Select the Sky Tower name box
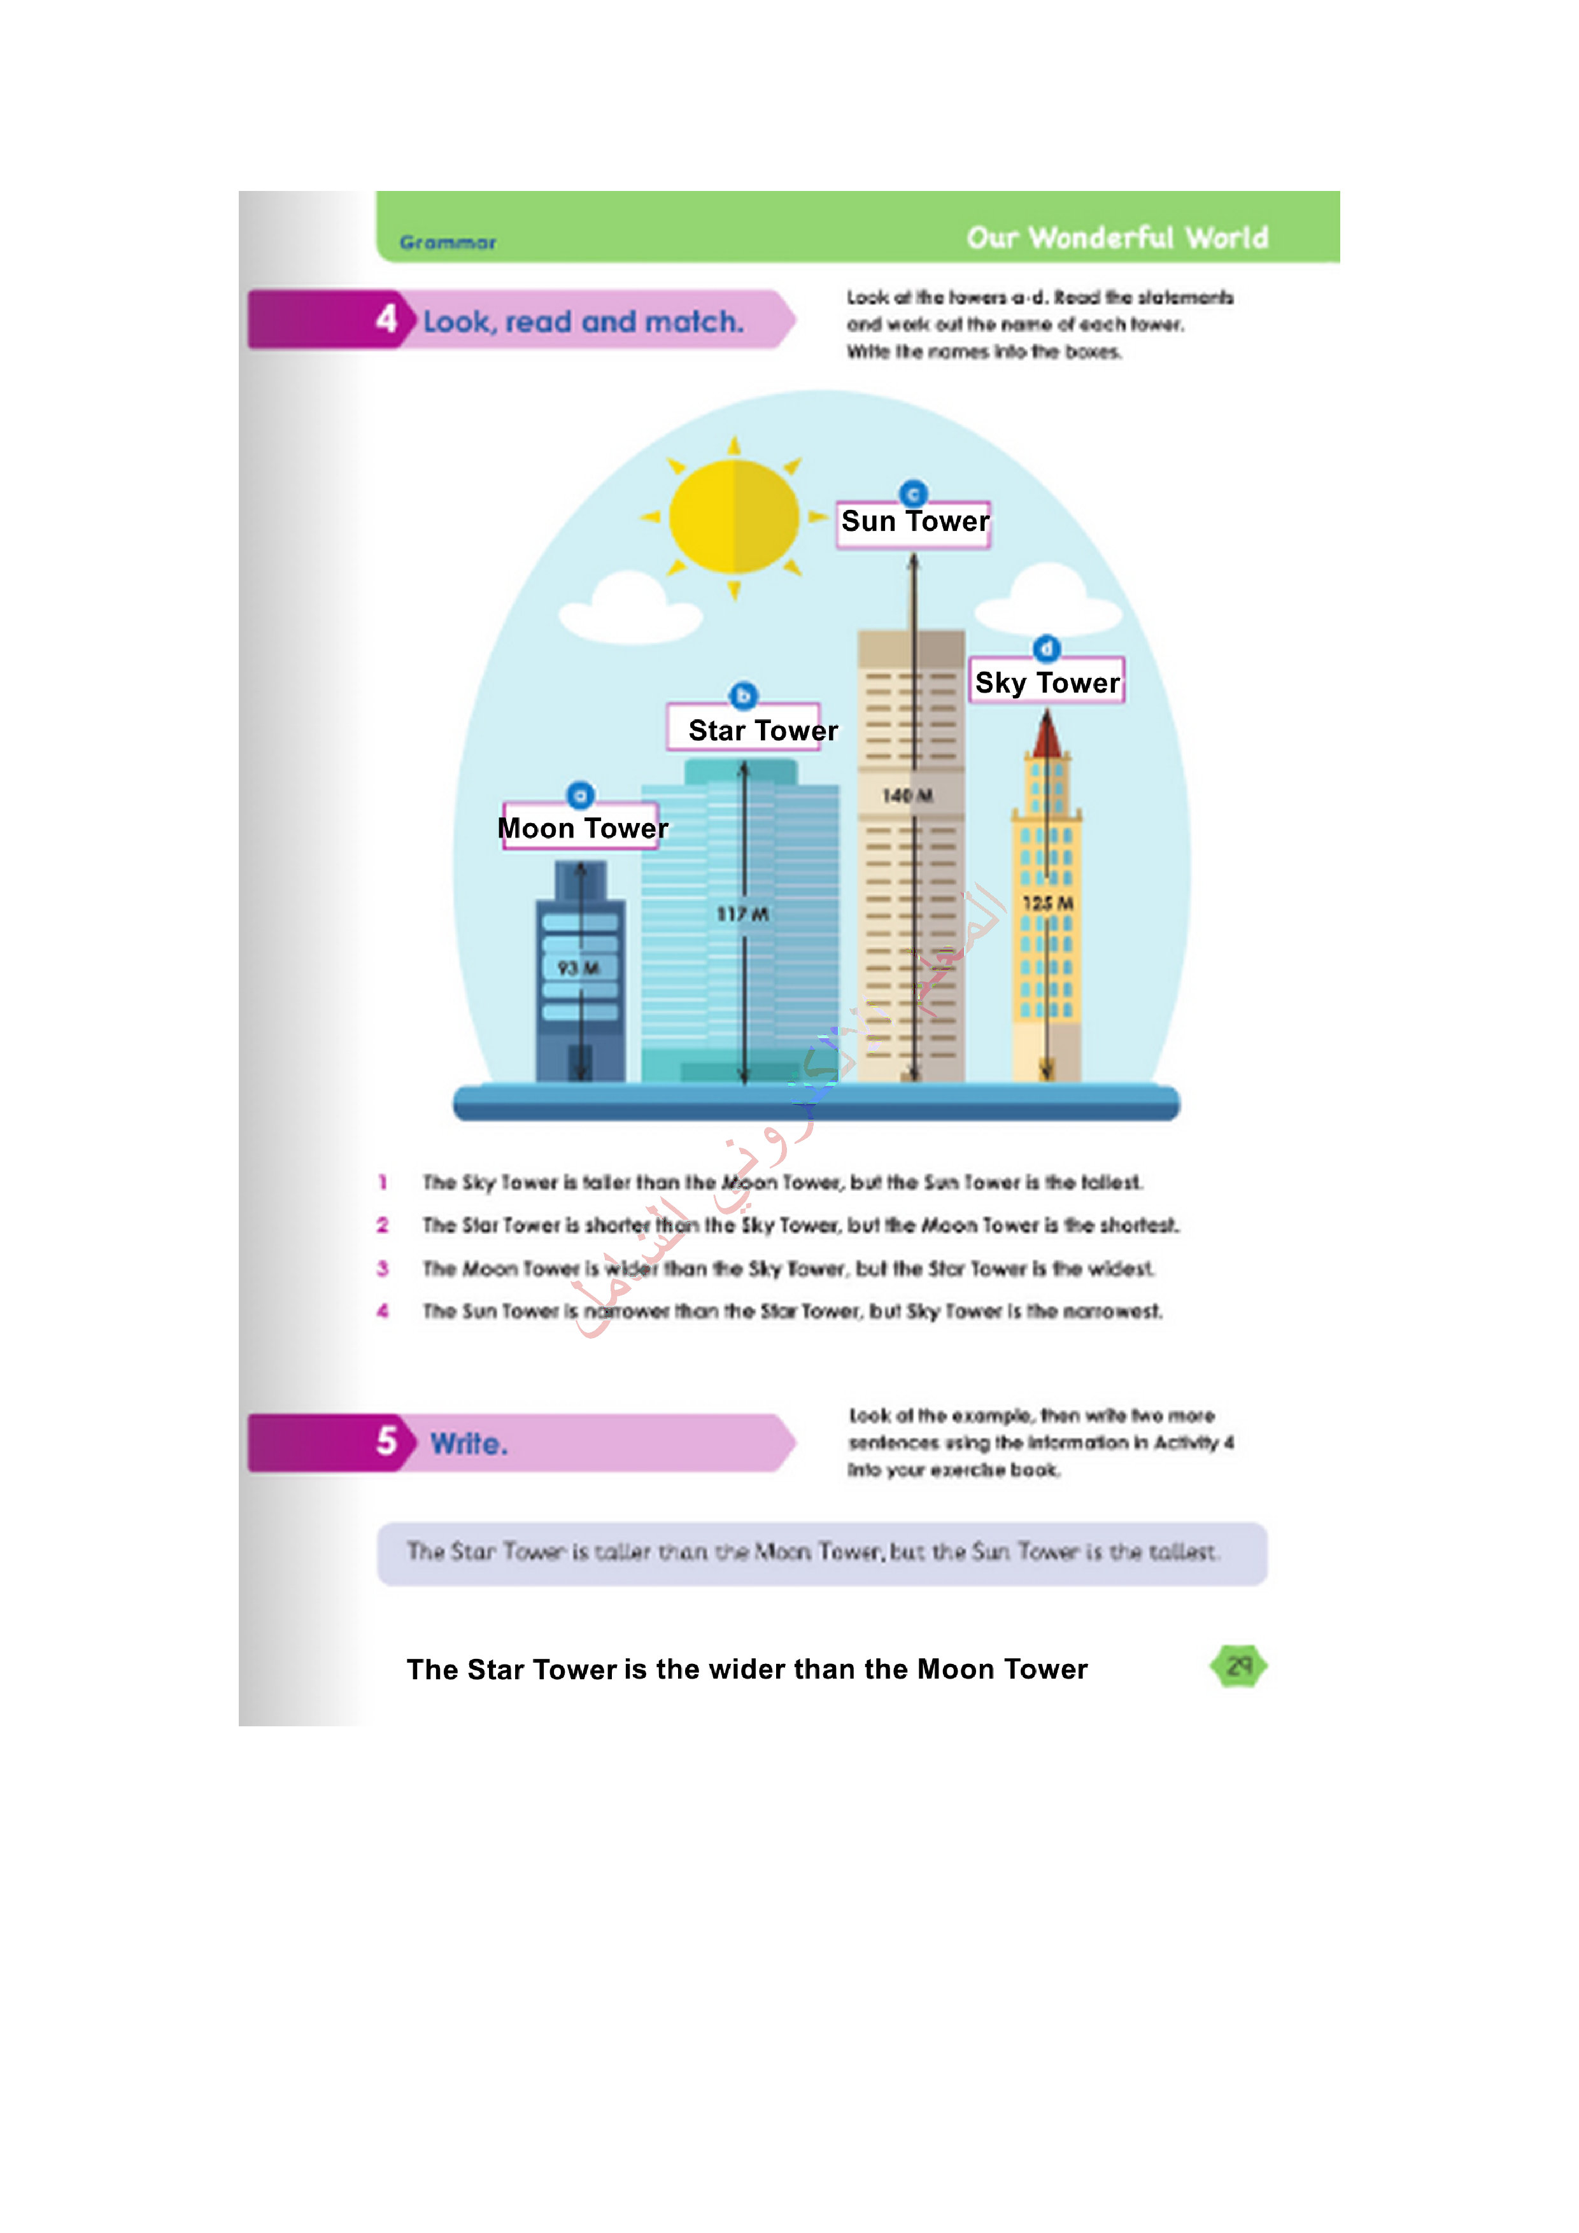pyautogui.click(x=1047, y=682)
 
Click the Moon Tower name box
pyautogui.click(x=581, y=827)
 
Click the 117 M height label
pyautogui.click(x=742, y=914)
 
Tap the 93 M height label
pyautogui.click(x=578, y=968)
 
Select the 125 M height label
pyautogui.click(x=1047, y=903)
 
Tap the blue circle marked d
pyautogui.click(x=1046, y=648)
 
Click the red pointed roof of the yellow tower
pyautogui.click(x=1047, y=735)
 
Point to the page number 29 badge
pyautogui.click(x=1238, y=1666)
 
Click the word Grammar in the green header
pyautogui.click(x=448, y=242)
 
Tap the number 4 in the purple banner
pyautogui.click(x=386, y=319)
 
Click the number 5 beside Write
pyautogui.click(x=386, y=1441)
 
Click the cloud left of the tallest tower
pyautogui.click(x=630, y=608)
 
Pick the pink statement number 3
pyautogui.click(x=383, y=1268)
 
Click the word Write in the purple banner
pyautogui.click(x=469, y=1443)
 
